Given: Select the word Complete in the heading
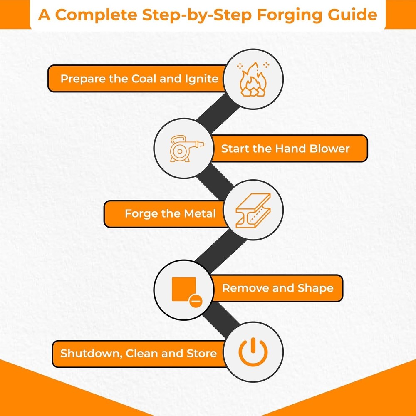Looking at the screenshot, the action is click(x=96, y=15).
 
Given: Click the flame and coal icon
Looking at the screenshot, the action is click(x=253, y=79).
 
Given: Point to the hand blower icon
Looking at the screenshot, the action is click(x=186, y=149).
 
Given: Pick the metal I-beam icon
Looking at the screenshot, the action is click(x=253, y=210).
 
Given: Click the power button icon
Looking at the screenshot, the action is click(x=253, y=352).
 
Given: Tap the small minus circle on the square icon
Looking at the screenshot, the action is click(x=196, y=301).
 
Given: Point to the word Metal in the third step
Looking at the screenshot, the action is click(x=200, y=213).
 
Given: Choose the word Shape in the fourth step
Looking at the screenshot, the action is click(x=315, y=289).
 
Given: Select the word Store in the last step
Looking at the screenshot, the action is click(x=202, y=353).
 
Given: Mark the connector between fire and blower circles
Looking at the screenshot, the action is click(x=218, y=113).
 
